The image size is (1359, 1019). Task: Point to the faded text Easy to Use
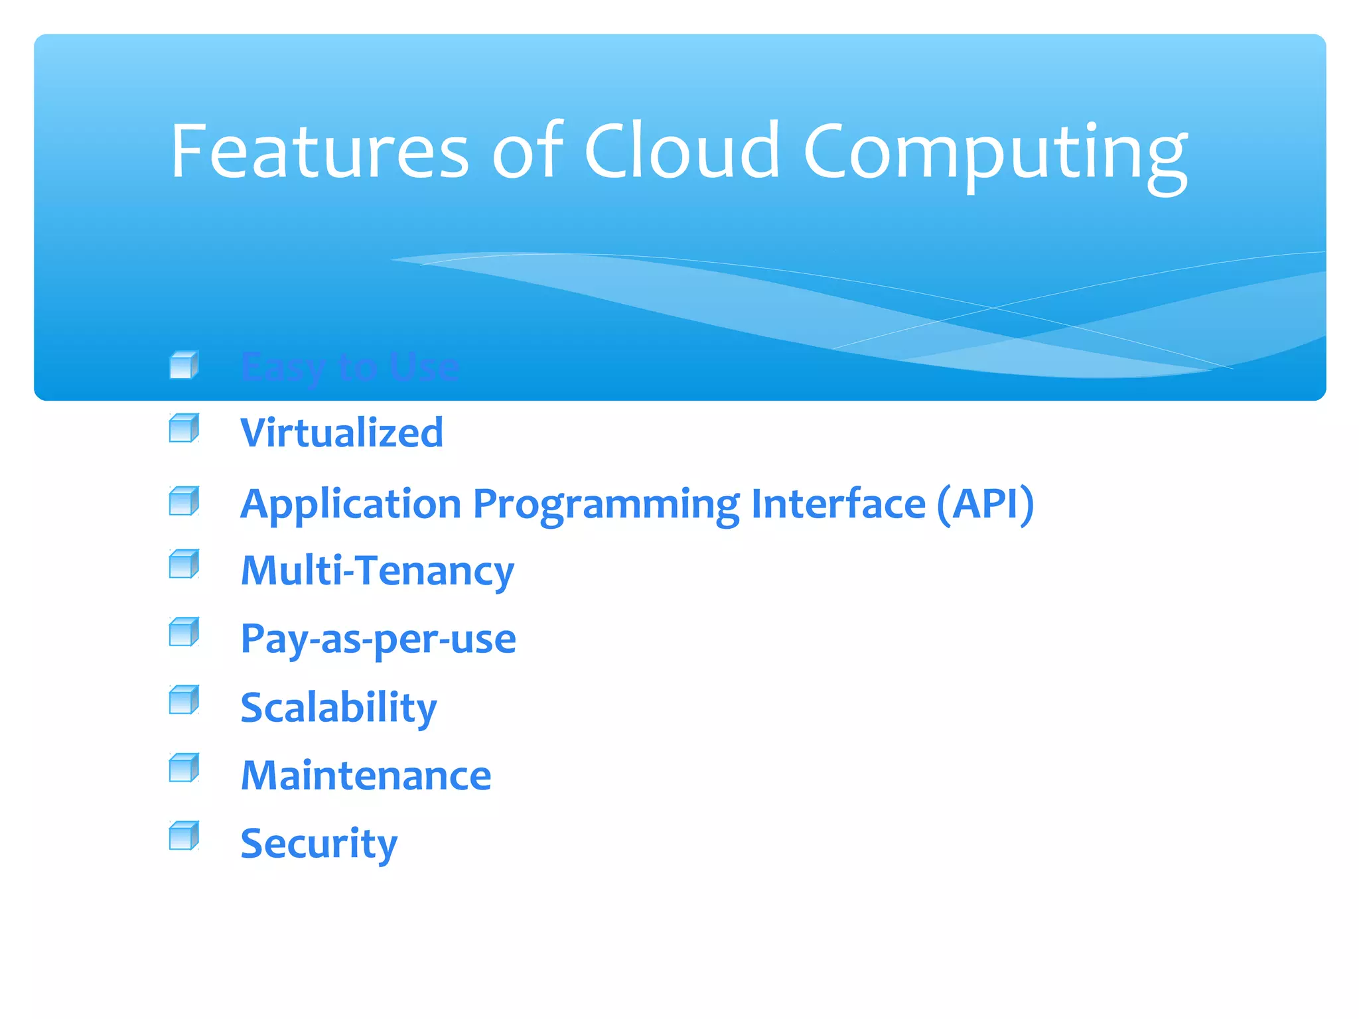click(x=350, y=367)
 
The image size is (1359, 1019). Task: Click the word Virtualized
click(x=342, y=433)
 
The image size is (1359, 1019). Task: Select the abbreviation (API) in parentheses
click(x=985, y=504)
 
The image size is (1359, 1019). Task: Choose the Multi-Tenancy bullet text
click(x=377, y=571)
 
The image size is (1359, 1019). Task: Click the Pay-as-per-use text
click(x=378, y=640)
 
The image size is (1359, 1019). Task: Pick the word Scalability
click(x=338, y=708)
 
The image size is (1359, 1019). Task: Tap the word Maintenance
click(x=366, y=776)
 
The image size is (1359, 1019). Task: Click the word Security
click(x=319, y=844)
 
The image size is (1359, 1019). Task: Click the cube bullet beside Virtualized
click(x=184, y=428)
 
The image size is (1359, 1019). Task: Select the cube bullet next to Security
click(x=184, y=835)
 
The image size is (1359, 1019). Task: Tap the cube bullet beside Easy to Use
click(x=184, y=365)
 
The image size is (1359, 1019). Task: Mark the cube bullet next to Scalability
click(x=184, y=700)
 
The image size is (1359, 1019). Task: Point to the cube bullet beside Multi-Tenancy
click(x=184, y=564)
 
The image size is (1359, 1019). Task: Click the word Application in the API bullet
click(x=350, y=504)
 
